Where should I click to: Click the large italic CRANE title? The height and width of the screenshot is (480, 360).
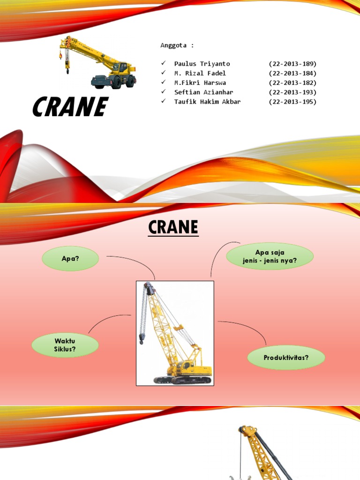click(70, 107)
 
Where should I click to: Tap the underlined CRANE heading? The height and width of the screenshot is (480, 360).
click(173, 228)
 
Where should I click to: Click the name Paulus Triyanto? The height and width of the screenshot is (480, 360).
click(202, 64)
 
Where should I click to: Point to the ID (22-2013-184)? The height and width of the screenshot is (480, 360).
click(292, 73)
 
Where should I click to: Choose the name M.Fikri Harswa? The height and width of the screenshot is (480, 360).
click(200, 82)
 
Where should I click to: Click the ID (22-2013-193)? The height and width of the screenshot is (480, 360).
click(292, 92)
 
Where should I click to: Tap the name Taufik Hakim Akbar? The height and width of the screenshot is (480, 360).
click(207, 101)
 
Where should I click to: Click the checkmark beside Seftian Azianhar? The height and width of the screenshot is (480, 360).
click(163, 92)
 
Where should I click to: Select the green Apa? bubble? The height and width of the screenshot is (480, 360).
click(70, 258)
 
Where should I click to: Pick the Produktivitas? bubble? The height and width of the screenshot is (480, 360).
click(286, 357)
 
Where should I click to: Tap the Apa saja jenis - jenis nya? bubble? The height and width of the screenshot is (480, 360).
click(270, 256)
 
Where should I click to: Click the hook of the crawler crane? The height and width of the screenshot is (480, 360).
click(141, 339)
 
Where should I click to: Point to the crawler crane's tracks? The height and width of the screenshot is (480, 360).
click(183, 380)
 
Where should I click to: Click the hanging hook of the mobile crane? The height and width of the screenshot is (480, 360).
click(67, 70)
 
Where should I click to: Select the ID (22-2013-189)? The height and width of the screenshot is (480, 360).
click(292, 64)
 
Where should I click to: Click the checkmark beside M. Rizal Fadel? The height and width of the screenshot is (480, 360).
click(163, 73)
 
